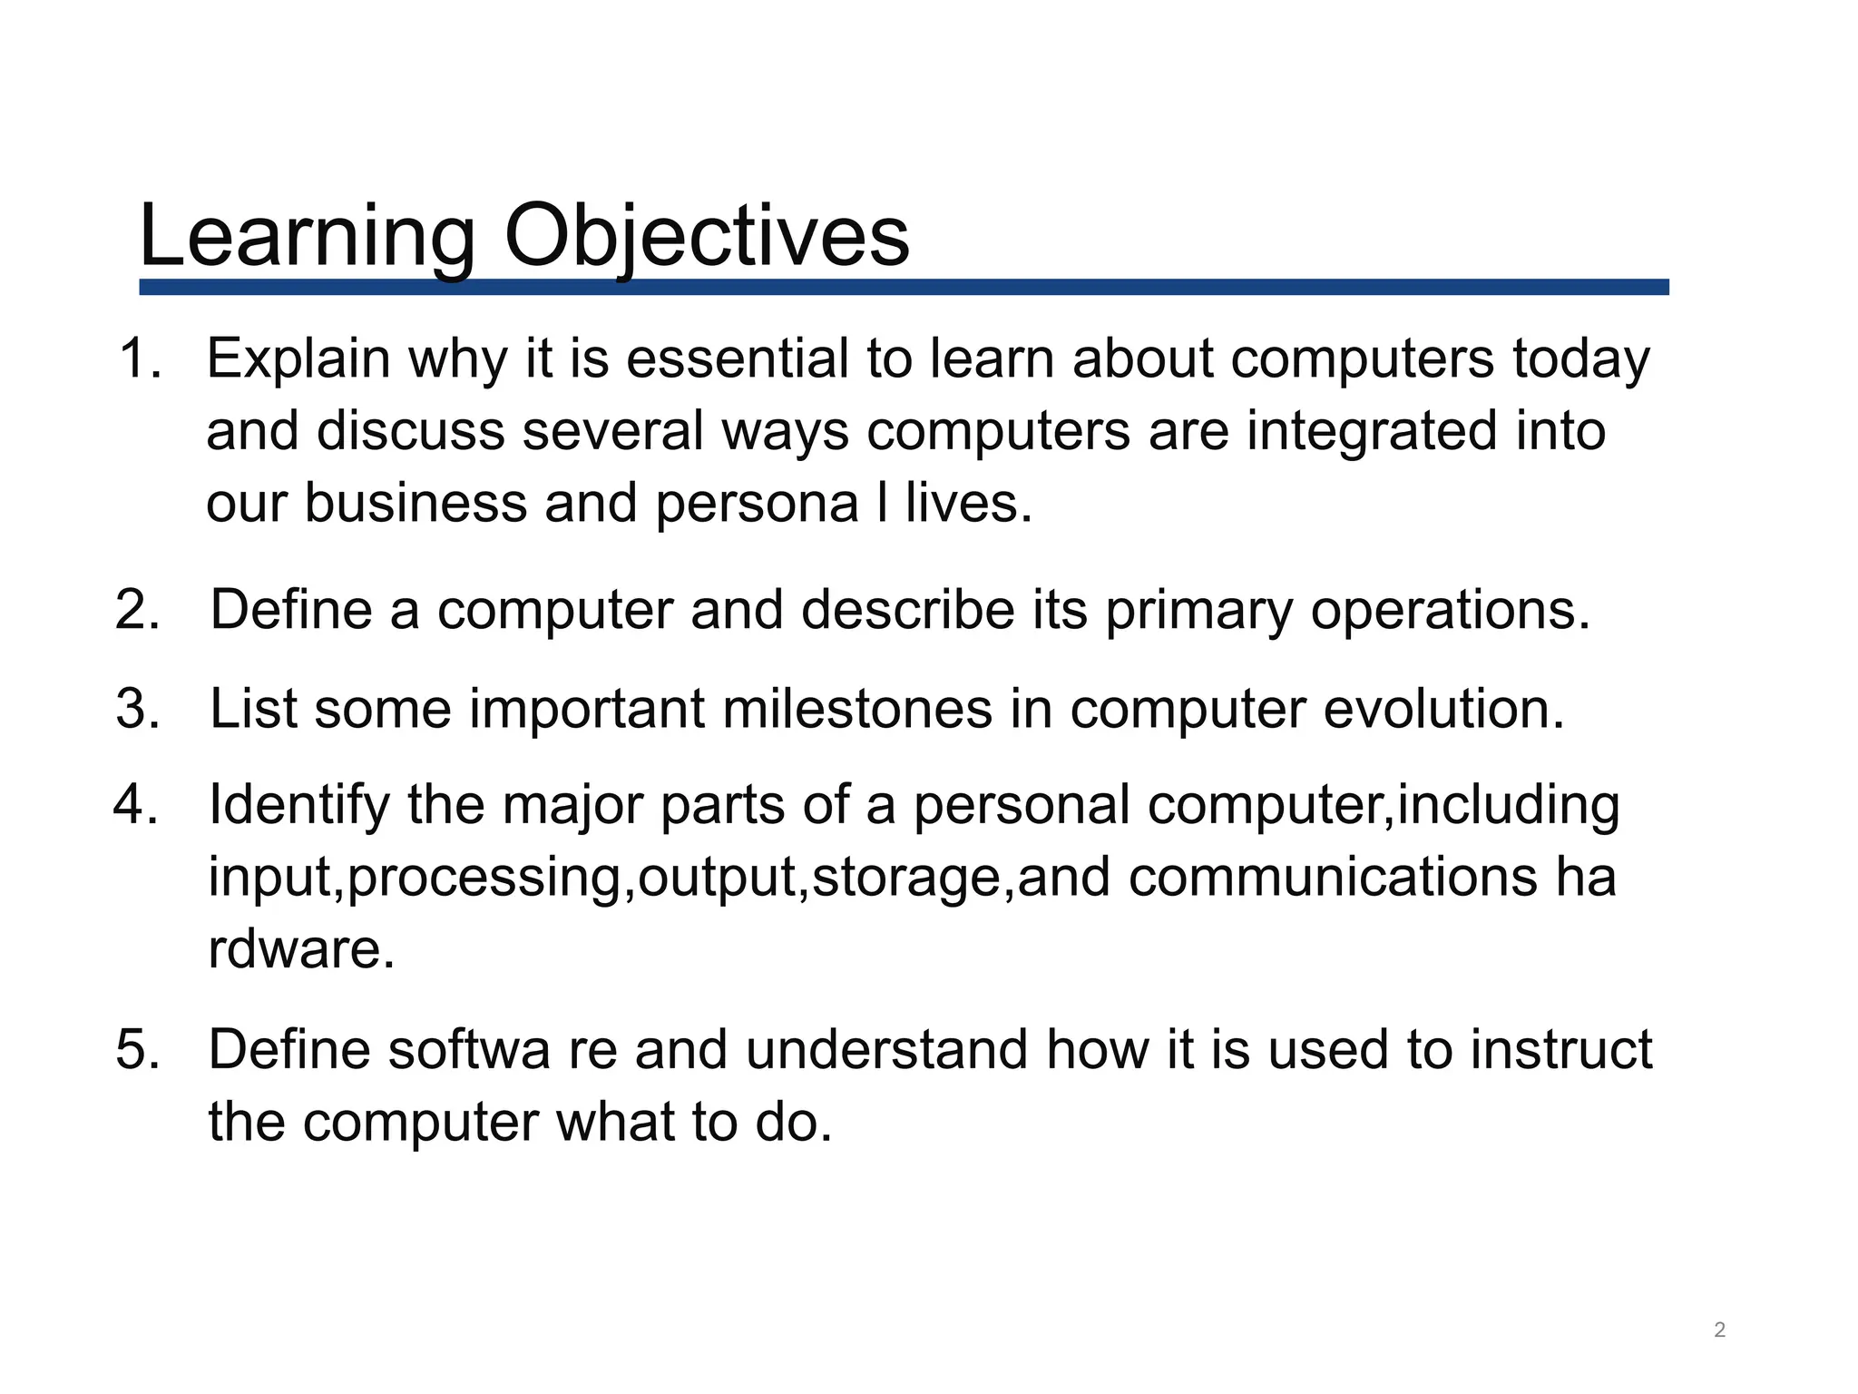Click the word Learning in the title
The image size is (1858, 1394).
pyautogui.click(x=307, y=236)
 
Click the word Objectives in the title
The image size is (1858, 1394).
pyautogui.click(x=706, y=236)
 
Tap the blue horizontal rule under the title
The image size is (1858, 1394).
pyautogui.click(x=904, y=287)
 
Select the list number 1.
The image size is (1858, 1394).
pyautogui.click(x=139, y=358)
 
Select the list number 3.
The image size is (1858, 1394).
pyautogui.click(x=138, y=709)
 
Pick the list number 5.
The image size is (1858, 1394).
pyautogui.click(x=138, y=1050)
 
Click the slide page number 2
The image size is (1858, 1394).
pyautogui.click(x=1719, y=1330)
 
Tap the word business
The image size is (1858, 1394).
pyautogui.click(x=415, y=503)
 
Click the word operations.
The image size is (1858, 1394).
pyautogui.click(x=1450, y=610)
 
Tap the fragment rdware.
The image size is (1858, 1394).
pyautogui.click(x=301, y=949)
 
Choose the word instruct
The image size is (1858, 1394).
pyautogui.click(x=1560, y=1050)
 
